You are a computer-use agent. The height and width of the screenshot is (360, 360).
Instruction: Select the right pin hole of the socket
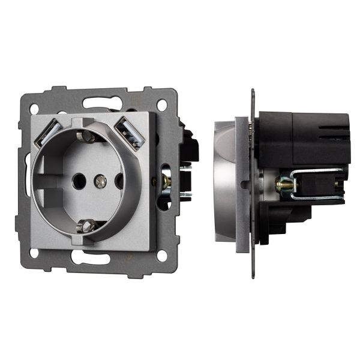pyautogui.click(x=118, y=180)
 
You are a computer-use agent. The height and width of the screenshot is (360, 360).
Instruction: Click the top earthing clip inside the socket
pyautogui.click(x=88, y=137)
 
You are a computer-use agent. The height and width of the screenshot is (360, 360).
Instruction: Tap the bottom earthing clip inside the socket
pyautogui.click(x=88, y=226)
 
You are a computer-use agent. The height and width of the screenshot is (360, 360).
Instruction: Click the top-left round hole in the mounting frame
pyautogui.click(x=34, y=109)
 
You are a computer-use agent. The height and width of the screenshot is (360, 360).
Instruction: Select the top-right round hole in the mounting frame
pyautogui.click(x=163, y=106)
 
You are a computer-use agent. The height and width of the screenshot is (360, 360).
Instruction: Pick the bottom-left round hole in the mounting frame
pyautogui.click(x=34, y=253)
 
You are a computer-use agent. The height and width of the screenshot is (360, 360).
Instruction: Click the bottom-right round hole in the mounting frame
pyautogui.click(x=161, y=256)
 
